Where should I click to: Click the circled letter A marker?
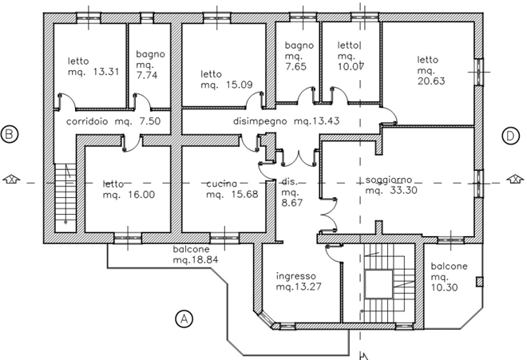(x=184, y=318)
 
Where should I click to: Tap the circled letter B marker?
(x=10, y=134)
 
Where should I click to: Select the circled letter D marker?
(x=510, y=136)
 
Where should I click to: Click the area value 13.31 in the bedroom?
(x=106, y=72)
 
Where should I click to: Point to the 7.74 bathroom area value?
(x=147, y=75)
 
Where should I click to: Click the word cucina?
(x=222, y=184)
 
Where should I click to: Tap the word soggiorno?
(x=389, y=180)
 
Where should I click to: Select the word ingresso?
(x=296, y=276)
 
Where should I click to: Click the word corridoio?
(x=87, y=121)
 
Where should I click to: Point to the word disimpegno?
(x=260, y=121)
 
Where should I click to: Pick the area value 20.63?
(x=431, y=81)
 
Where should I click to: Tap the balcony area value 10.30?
(x=444, y=287)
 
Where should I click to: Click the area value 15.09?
(x=239, y=85)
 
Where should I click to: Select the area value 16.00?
(x=141, y=195)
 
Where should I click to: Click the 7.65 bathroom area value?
(x=295, y=66)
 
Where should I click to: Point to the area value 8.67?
(x=292, y=203)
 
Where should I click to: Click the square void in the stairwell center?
(x=378, y=284)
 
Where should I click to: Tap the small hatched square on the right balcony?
(x=480, y=282)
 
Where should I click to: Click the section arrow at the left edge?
(x=11, y=179)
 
